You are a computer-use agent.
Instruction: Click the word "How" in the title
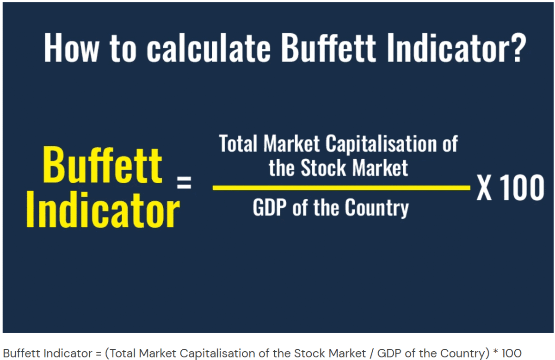71,47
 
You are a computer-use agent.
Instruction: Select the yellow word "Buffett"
103,165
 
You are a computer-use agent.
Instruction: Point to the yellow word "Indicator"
103,210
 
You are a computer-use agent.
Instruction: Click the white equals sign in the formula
184,182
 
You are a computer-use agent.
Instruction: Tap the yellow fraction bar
341,188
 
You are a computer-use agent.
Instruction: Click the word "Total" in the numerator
238,143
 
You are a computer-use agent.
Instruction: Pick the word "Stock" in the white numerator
323,168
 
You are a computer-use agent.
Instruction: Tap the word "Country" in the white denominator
377,209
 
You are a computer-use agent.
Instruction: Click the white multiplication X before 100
484,188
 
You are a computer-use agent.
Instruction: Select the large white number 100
522,188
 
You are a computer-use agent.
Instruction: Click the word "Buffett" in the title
328,47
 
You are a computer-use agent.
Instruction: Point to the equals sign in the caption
99,354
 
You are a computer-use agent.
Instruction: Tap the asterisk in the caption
495,351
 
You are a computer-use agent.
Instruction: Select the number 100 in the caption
512,353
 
